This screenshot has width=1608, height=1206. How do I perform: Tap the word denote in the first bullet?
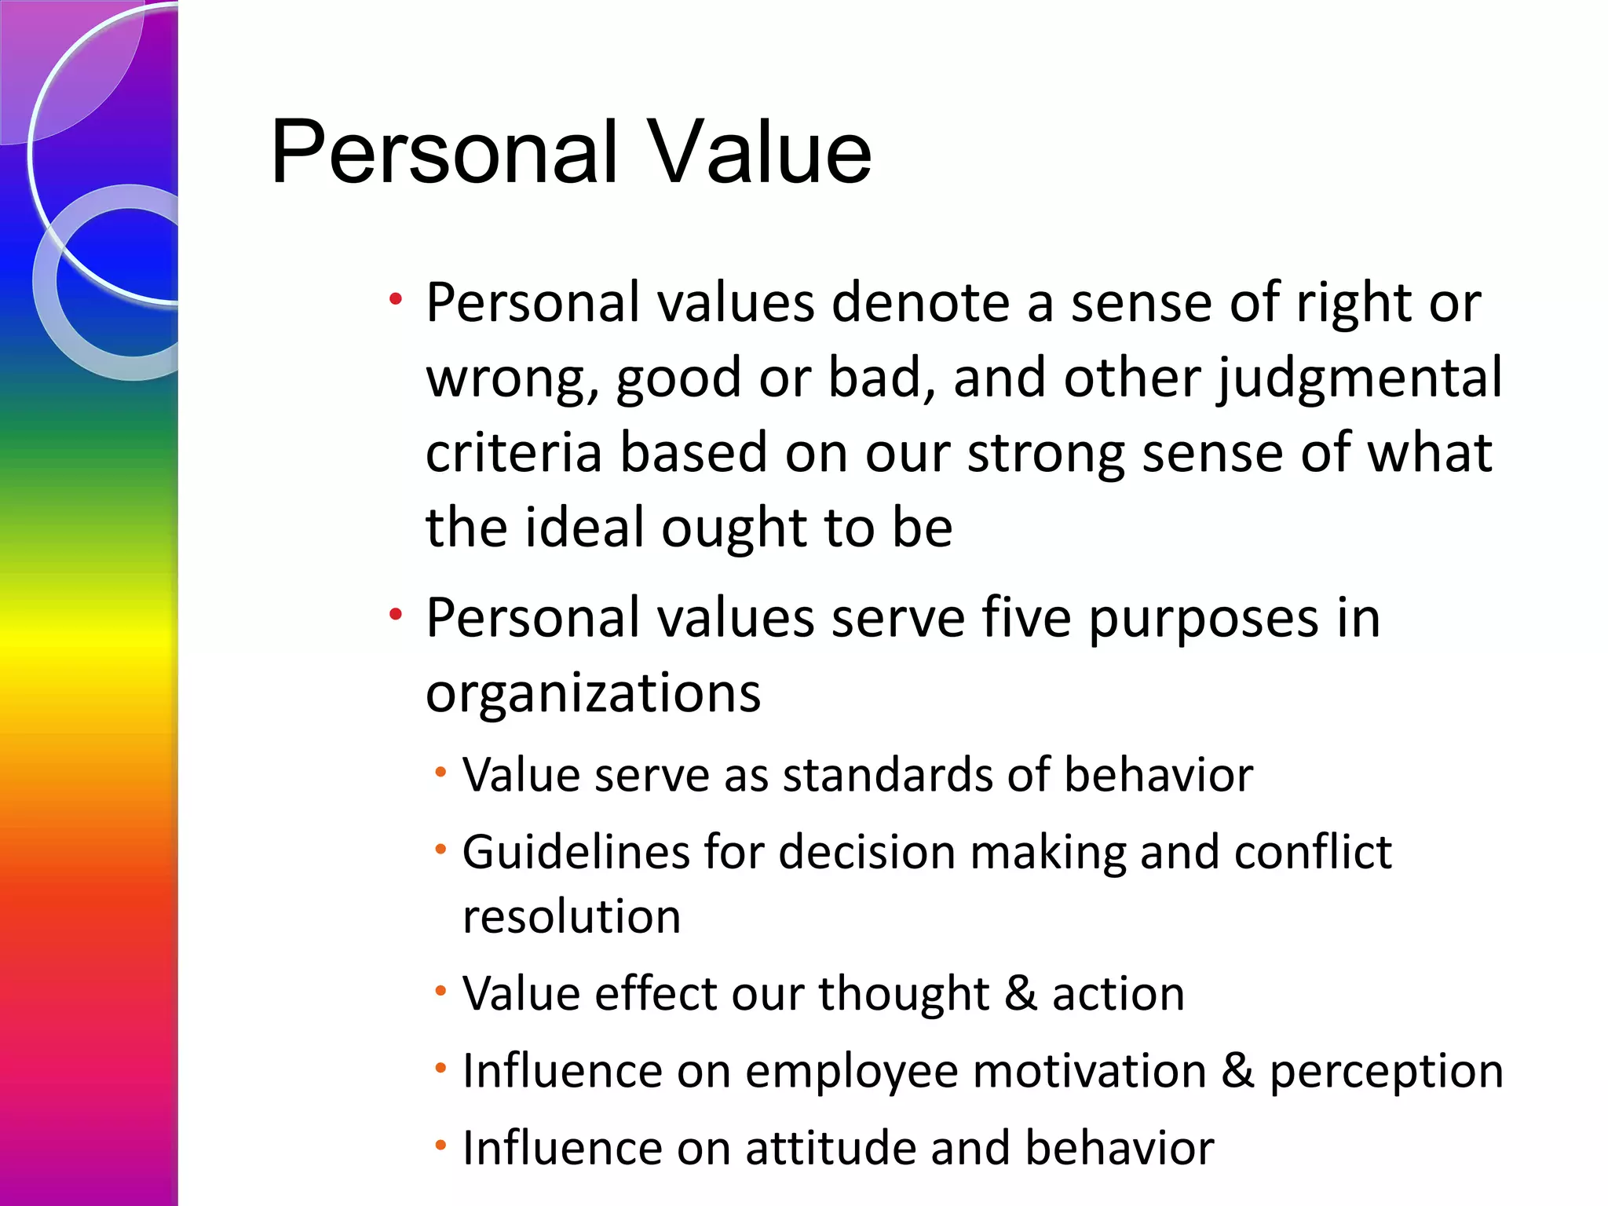(x=920, y=303)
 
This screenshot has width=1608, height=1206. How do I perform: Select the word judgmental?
(x=1360, y=378)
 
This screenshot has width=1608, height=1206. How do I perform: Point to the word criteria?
(x=517, y=453)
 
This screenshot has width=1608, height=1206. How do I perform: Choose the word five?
(x=1026, y=618)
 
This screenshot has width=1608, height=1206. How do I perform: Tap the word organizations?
(x=593, y=694)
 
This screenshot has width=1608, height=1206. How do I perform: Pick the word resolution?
(x=571, y=917)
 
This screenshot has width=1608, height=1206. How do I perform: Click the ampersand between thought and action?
(x=1020, y=993)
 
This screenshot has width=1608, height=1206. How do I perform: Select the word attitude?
(x=830, y=1148)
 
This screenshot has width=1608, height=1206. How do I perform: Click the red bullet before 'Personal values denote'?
(x=396, y=299)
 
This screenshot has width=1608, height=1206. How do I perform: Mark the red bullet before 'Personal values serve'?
(x=396, y=614)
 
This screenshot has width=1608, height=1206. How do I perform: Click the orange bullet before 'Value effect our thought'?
(x=440, y=991)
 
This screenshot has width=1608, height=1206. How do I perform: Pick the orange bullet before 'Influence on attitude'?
(x=440, y=1146)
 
